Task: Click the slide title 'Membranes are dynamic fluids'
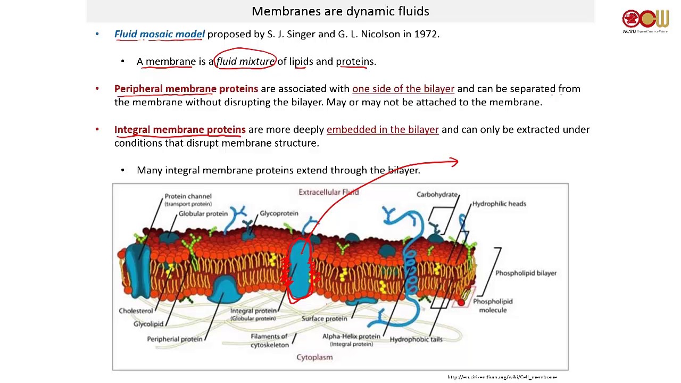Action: coord(340,11)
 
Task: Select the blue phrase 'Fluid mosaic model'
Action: coord(159,34)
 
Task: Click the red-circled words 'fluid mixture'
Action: coord(245,62)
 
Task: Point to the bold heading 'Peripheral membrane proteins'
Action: coord(186,89)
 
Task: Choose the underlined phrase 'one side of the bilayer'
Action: coord(403,89)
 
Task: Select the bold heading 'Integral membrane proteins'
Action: coord(180,130)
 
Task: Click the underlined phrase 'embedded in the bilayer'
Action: coord(383,130)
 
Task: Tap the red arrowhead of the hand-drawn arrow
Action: coord(454,162)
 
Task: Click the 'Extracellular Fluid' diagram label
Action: coord(328,192)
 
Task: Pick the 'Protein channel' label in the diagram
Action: coord(188,197)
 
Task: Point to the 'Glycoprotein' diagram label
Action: coord(279,213)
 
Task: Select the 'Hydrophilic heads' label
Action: coord(499,204)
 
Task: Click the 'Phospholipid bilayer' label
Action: coord(526,273)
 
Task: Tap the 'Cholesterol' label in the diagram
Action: coord(136,311)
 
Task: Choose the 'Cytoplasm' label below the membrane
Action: coord(314,357)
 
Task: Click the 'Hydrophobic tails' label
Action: coord(416,339)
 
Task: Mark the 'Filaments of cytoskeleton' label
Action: coord(269,340)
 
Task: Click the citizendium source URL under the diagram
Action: coord(502,377)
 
